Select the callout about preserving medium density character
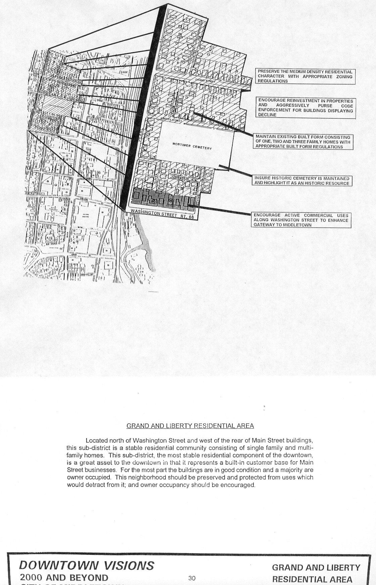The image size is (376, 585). tap(305, 76)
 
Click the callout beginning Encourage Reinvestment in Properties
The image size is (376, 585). tap(305, 108)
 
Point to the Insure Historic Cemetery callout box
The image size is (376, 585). tap(302, 181)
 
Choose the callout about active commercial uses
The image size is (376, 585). tap(301, 220)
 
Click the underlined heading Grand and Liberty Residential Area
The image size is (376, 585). tap(190, 426)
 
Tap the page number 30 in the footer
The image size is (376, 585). tap(192, 578)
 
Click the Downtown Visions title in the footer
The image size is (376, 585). tap(87, 566)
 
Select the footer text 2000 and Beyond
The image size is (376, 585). tap(64, 578)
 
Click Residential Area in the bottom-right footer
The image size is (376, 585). tap(312, 579)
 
